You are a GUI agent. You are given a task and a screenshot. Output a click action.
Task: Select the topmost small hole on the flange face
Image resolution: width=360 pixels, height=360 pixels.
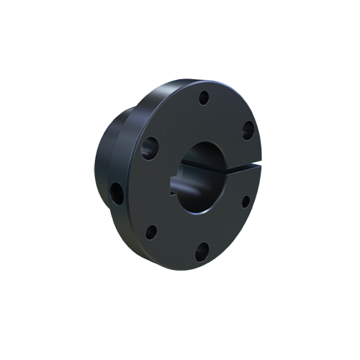click(204, 96)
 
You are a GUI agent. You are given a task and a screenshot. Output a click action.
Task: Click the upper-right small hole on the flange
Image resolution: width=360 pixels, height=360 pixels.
click(247, 130)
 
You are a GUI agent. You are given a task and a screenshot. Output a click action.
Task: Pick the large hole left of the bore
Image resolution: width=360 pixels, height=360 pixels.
click(150, 148)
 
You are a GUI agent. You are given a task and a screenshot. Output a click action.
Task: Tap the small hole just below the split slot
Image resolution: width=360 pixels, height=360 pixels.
click(245, 201)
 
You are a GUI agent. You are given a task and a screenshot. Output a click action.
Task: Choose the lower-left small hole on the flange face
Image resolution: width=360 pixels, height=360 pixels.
click(152, 232)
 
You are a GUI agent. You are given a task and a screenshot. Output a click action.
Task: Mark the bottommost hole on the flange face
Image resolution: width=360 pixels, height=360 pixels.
click(202, 252)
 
